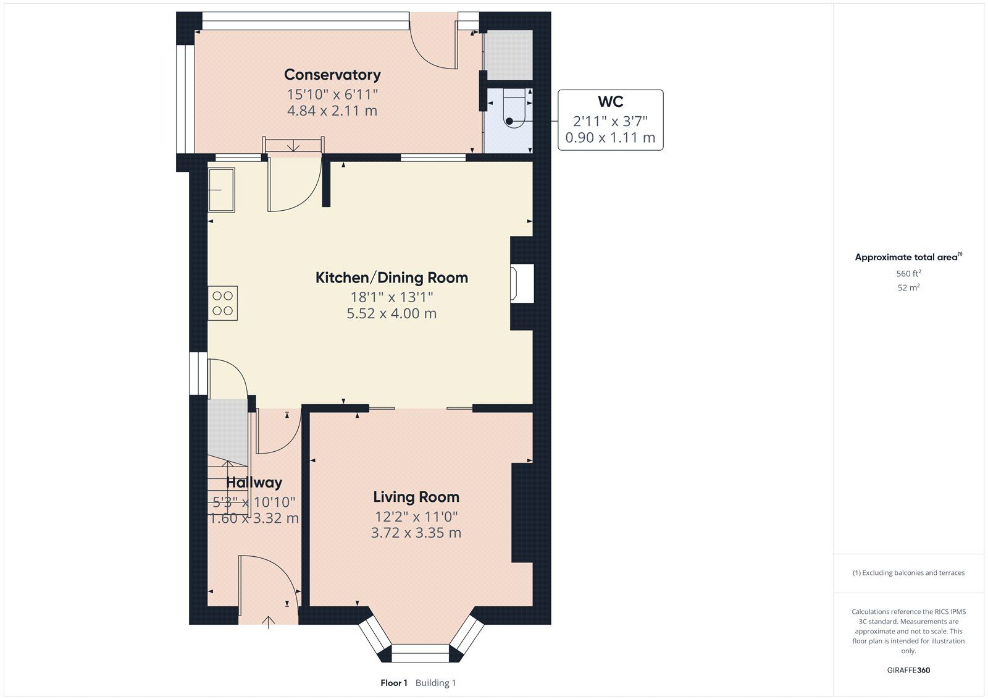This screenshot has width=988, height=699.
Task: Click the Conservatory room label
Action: [332, 75]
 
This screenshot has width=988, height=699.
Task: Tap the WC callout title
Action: [611, 101]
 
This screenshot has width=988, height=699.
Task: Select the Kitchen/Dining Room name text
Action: [391, 277]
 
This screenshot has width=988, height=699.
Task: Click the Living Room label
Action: [416, 497]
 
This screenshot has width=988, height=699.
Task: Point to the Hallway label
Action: [254, 482]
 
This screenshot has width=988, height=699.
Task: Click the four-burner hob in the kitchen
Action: [223, 303]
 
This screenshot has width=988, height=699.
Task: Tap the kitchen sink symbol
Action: [222, 190]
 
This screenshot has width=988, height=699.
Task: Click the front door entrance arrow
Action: [268, 622]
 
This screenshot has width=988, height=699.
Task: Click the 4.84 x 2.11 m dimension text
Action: [332, 111]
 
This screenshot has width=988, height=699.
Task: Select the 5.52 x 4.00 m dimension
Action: [391, 313]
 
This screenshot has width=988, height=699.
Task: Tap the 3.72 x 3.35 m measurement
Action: [416, 533]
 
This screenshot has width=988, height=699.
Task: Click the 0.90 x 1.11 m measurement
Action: [611, 138]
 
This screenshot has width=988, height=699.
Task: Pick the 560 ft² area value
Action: [908, 273]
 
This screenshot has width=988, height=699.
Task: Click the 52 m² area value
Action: [908, 287]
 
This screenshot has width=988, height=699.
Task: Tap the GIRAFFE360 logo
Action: [908, 670]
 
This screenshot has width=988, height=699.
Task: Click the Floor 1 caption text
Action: [394, 683]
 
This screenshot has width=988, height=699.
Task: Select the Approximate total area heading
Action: [908, 257]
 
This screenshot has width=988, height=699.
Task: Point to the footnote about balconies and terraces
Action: [908, 573]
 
